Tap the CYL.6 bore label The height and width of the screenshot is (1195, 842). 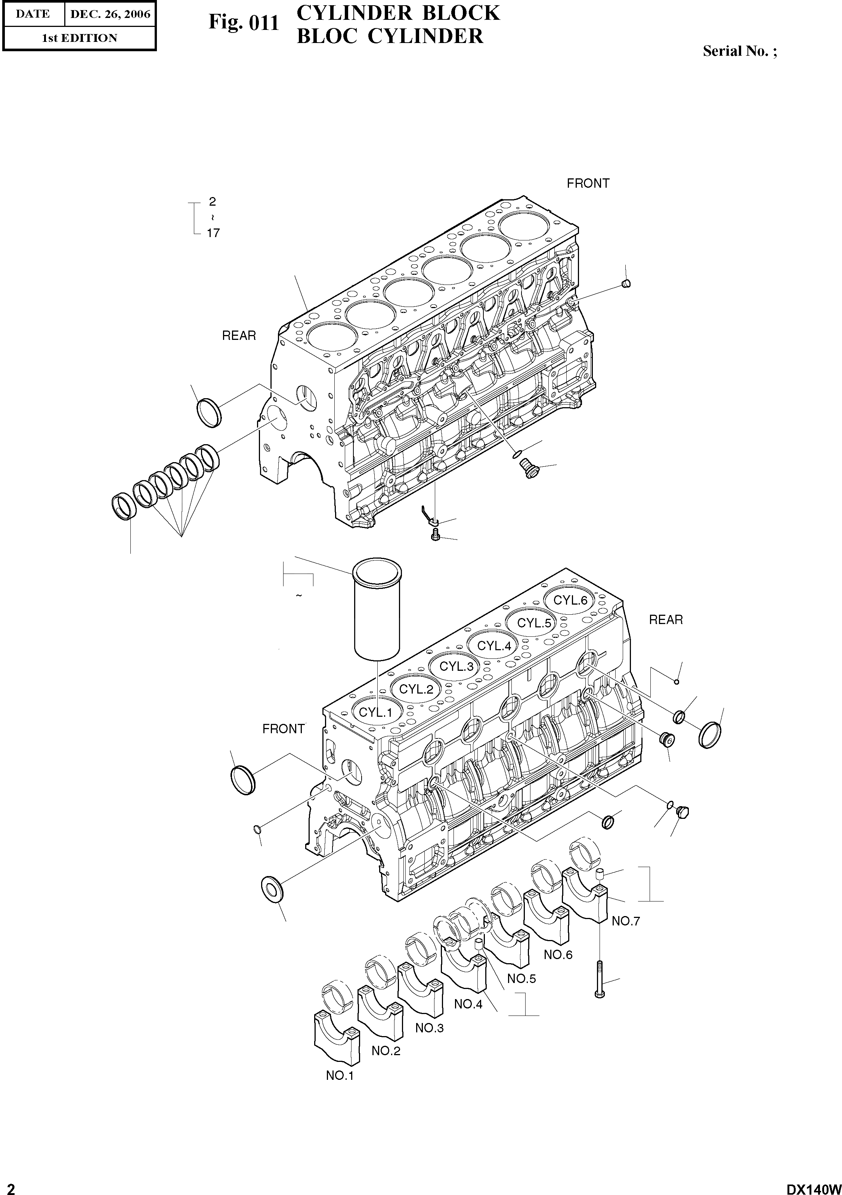(570, 600)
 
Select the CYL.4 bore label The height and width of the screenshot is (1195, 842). (494, 646)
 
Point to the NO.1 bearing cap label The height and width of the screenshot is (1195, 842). (340, 1075)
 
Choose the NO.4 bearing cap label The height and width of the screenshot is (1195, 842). (468, 1004)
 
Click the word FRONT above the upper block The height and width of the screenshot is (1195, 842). (588, 183)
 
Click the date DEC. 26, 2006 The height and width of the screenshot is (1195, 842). (110, 14)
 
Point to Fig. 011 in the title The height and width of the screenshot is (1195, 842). (244, 23)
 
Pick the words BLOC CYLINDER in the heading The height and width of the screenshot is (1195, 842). (390, 36)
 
